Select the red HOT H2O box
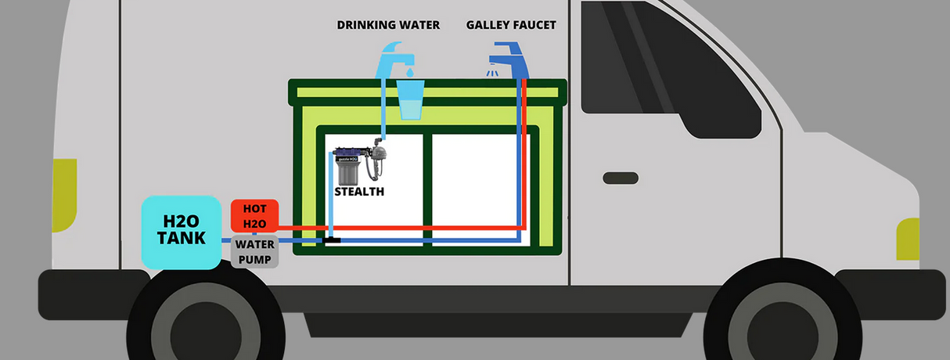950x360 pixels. [x=254, y=214]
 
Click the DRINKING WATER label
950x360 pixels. [x=388, y=25]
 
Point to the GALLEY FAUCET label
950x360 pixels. [x=511, y=25]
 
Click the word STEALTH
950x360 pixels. [x=359, y=191]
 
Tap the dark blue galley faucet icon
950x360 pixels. [x=510, y=60]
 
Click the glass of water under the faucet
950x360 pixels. [x=411, y=99]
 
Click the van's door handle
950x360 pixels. [x=621, y=178]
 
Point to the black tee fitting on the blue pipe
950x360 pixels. [x=333, y=239]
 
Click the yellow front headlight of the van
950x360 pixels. [x=908, y=239]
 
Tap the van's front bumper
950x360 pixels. [x=892, y=290]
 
